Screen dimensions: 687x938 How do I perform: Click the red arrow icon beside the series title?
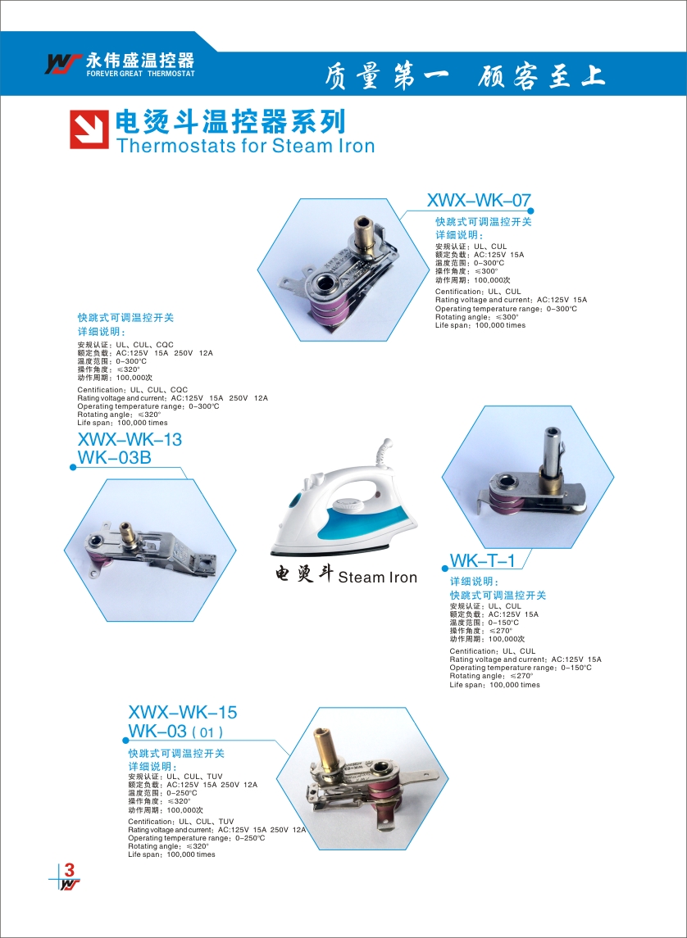coord(89,129)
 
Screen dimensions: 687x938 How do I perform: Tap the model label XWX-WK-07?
coord(479,201)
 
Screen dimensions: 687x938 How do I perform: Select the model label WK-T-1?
coord(482,561)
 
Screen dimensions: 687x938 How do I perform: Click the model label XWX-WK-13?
coord(130,440)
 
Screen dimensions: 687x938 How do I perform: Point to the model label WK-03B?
coord(114,458)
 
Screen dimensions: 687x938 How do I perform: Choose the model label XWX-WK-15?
coord(183,713)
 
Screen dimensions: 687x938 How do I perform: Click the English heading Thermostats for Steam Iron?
coord(245,145)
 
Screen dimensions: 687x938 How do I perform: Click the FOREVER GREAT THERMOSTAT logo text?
coord(141,74)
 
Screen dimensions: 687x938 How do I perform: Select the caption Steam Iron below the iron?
coord(378,578)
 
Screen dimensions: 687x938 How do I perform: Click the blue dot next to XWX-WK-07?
coord(530,210)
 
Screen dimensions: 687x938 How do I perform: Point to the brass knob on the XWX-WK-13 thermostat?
coord(126,530)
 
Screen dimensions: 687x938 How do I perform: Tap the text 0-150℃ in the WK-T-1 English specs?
coord(576,668)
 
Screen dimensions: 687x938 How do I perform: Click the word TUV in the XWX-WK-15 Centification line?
coord(225,822)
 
